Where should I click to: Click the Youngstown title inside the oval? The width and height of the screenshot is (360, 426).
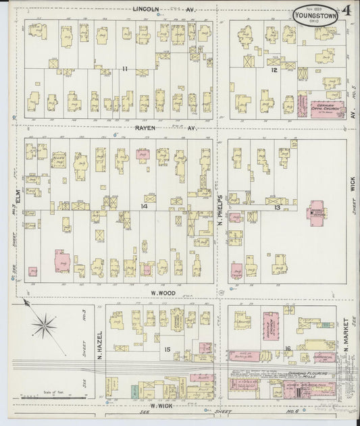(315, 13)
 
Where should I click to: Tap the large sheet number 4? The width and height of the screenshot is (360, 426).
(346, 11)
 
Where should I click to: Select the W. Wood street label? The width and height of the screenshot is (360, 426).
(163, 293)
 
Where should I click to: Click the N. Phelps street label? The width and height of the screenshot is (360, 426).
(220, 211)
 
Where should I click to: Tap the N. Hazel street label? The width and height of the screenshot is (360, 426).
(98, 346)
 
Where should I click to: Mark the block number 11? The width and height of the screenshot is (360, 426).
(125, 69)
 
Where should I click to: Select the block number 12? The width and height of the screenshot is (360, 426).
(274, 70)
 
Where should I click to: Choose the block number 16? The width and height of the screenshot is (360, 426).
(288, 348)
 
